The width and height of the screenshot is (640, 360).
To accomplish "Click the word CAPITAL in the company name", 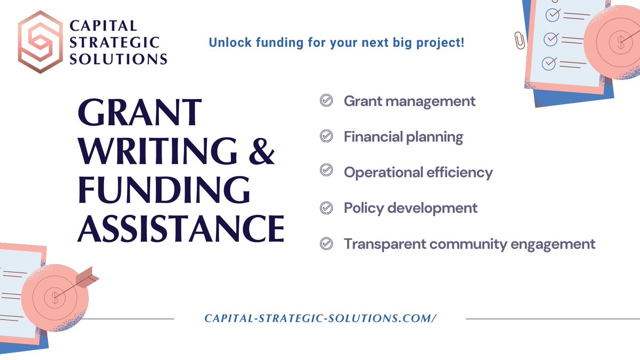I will tap(103, 26).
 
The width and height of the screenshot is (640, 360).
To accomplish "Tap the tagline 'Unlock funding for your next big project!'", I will tap(337, 42).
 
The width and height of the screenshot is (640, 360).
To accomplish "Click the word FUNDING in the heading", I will tap(163, 189).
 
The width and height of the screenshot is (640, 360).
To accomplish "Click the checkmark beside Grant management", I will tap(326, 101).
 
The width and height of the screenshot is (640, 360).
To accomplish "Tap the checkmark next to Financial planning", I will tap(326, 137).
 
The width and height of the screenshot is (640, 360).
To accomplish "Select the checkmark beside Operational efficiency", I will tap(326, 172).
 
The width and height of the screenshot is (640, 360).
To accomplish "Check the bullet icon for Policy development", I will tap(326, 208).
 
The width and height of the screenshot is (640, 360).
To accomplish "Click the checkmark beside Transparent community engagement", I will tap(326, 244).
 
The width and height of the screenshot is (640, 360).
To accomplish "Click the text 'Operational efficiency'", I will tap(418, 172).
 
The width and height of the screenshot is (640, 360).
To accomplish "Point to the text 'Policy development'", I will tap(411, 208).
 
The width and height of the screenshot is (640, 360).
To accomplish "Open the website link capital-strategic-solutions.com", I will tap(321, 318).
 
